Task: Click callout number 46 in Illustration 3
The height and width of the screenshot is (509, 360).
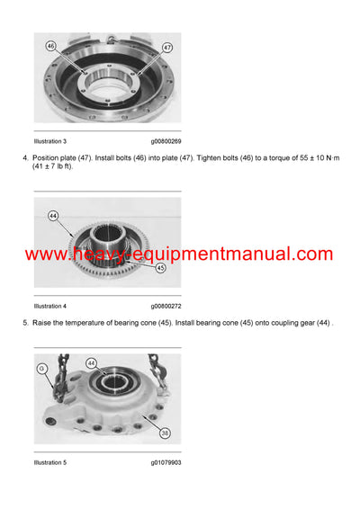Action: (50, 45)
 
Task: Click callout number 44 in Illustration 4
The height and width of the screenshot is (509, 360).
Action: (53, 217)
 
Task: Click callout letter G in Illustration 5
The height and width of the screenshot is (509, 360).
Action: (41, 368)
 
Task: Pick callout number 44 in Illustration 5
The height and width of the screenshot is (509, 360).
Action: (91, 362)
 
